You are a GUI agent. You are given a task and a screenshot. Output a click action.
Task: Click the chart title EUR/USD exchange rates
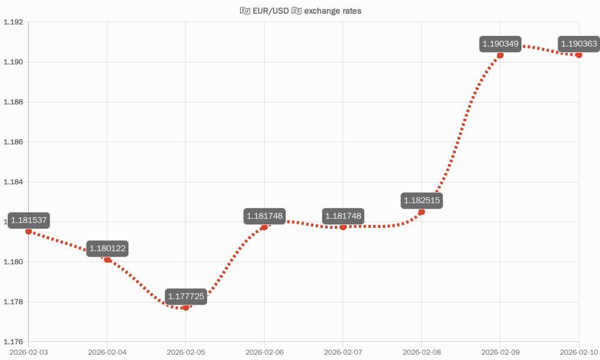point(300,11)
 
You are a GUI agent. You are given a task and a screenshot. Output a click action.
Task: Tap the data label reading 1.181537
point(29,220)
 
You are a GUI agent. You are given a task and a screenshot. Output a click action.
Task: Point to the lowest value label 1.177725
point(186,296)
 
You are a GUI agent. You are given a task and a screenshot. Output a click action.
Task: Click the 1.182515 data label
point(422,200)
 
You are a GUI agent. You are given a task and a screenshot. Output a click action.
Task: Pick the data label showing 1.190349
point(500,44)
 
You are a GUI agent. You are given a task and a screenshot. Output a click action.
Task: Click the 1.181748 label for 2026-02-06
point(265,216)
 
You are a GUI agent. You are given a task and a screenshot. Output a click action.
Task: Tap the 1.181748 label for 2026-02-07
point(343,216)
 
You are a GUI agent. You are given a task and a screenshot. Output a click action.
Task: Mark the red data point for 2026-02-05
point(186,307)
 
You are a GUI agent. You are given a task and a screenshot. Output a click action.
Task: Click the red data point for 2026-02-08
point(422,212)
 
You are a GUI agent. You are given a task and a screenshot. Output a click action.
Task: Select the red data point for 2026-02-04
point(107,260)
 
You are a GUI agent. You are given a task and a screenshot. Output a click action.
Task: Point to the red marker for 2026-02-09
point(500,55)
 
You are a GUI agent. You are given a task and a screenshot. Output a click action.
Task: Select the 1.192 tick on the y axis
point(13,22)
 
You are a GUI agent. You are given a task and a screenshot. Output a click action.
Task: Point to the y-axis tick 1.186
point(13,142)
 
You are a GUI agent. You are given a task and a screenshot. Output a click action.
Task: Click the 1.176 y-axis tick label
point(13,342)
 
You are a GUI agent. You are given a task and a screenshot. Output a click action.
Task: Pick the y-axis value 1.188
point(13,102)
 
